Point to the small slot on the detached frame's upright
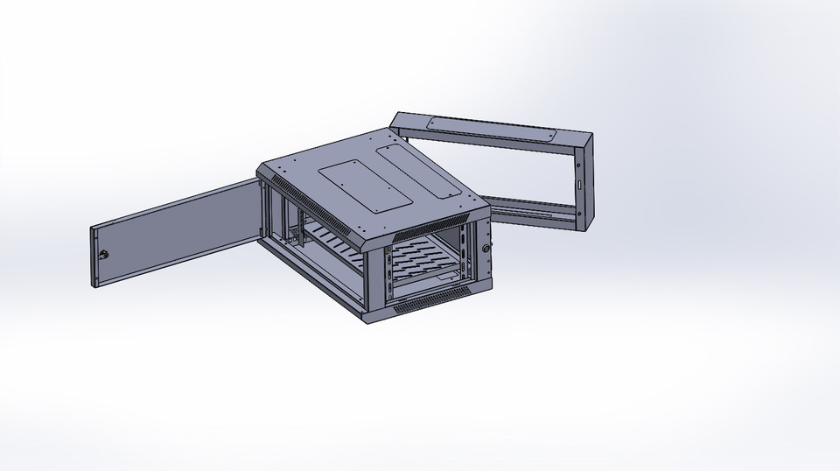coord(578,185)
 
